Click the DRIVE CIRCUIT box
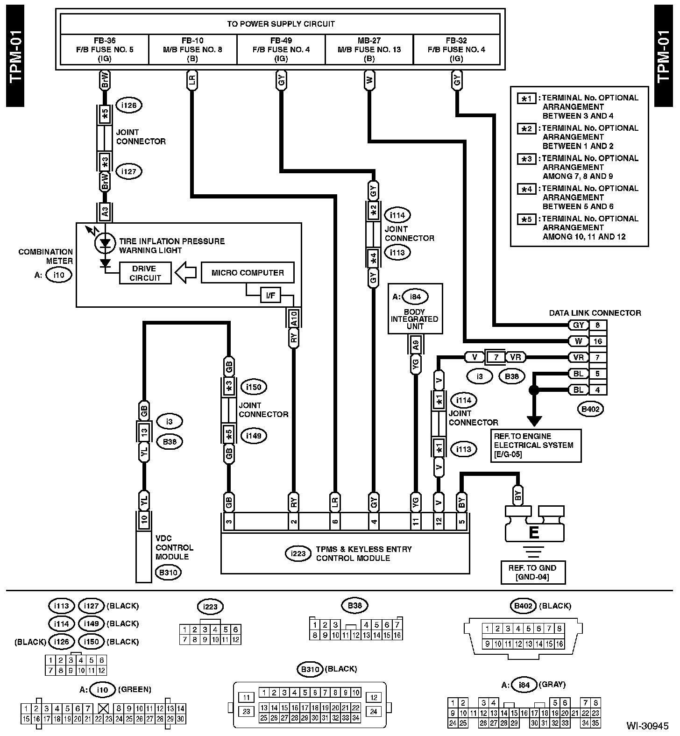coord(145,273)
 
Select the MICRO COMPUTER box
coord(248,273)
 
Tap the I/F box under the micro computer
coord(270,295)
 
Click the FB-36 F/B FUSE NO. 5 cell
coord(105,50)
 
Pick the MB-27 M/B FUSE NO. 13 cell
coord(369,50)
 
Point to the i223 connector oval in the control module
coord(298,554)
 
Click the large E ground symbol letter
coord(533,532)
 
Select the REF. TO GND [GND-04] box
coord(532,573)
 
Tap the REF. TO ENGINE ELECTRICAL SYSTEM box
coord(535,446)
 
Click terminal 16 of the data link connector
coord(598,341)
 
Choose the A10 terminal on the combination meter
coord(294,318)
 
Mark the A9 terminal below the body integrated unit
coord(415,345)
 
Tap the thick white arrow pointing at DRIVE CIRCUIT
coord(186,273)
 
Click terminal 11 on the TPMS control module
coord(415,521)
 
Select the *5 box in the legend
coord(527,219)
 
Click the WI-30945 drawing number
coord(647,726)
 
